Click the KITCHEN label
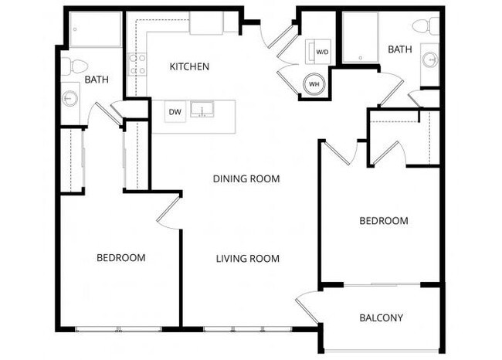point(189,67)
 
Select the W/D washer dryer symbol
point(319,52)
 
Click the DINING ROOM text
point(246,179)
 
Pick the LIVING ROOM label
point(247,259)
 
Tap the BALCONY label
point(382,318)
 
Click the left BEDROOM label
point(120,258)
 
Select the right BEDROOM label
point(384,221)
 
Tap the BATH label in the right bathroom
point(400,49)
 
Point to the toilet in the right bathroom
point(422,27)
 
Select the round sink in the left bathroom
point(70,98)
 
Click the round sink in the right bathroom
point(429,59)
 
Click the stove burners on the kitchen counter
point(137,64)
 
